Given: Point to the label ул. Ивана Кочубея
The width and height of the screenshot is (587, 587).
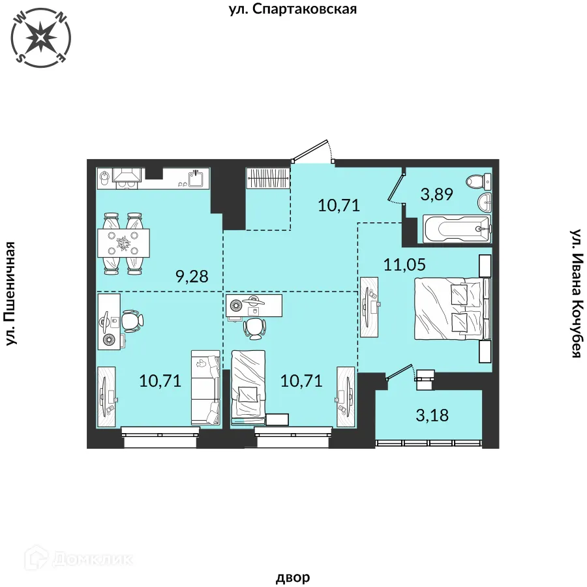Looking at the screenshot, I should [575, 293].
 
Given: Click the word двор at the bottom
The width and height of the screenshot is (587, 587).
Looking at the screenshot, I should [293, 577].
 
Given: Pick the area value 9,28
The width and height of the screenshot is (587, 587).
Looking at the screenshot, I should [192, 277].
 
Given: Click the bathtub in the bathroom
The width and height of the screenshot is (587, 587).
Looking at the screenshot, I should [456, 229].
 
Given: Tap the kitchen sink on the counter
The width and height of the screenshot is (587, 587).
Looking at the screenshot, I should [196, 177].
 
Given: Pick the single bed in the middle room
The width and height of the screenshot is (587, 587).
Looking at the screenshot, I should [248, 383].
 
